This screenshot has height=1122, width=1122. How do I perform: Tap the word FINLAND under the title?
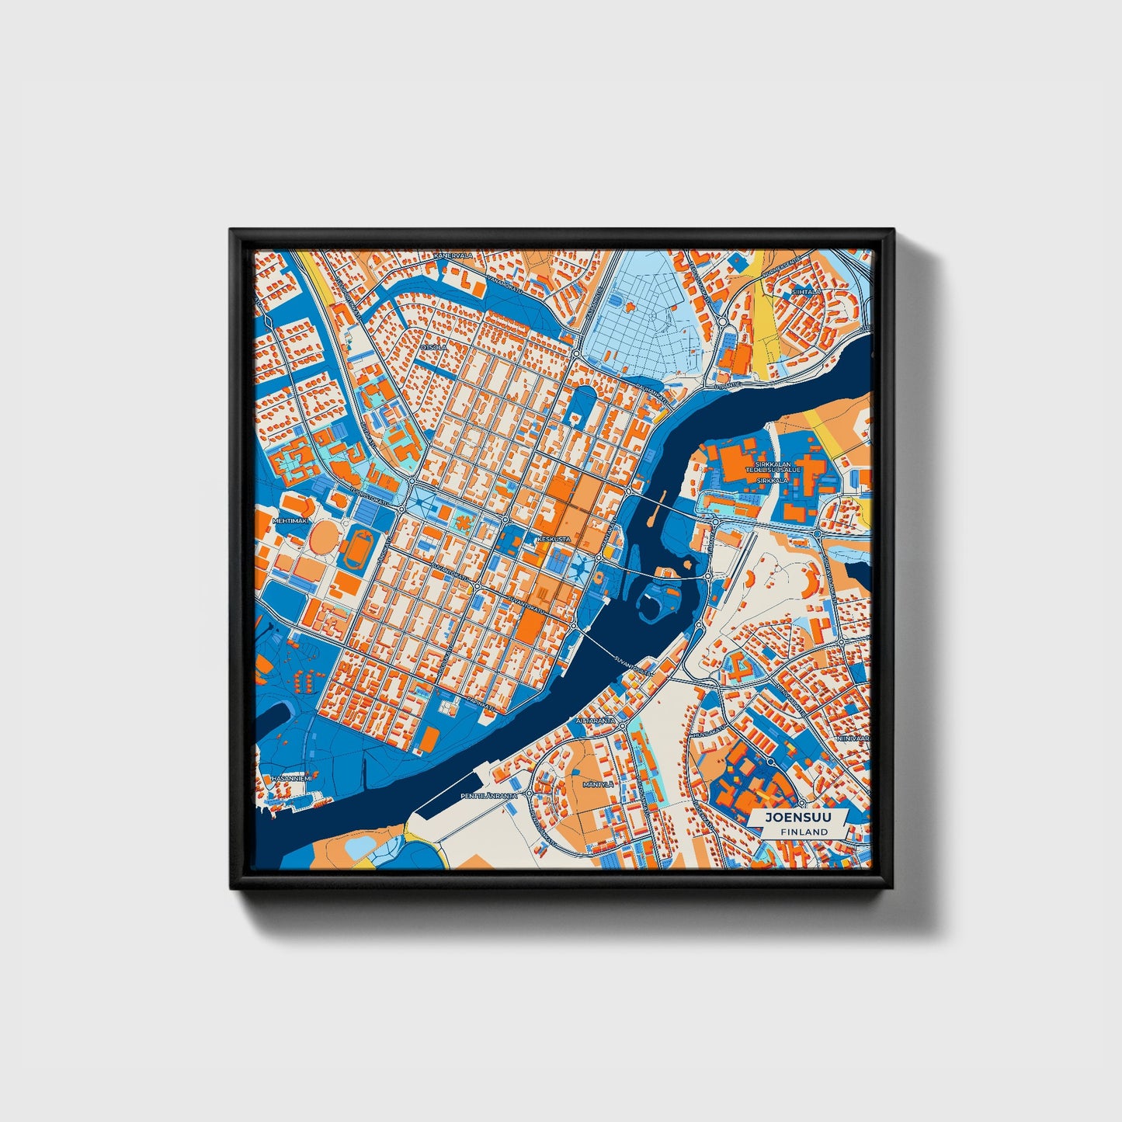pos(804,832)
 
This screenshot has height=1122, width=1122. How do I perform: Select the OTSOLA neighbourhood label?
pos(433,347)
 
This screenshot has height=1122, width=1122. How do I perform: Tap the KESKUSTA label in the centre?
pos(554,538)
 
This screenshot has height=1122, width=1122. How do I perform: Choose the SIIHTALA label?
pos(807,292)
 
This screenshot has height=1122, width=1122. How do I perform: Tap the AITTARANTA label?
pos(596,721)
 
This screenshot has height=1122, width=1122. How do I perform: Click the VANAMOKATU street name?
pos(505,283)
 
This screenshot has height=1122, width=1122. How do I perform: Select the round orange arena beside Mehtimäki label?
pos(322,537)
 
